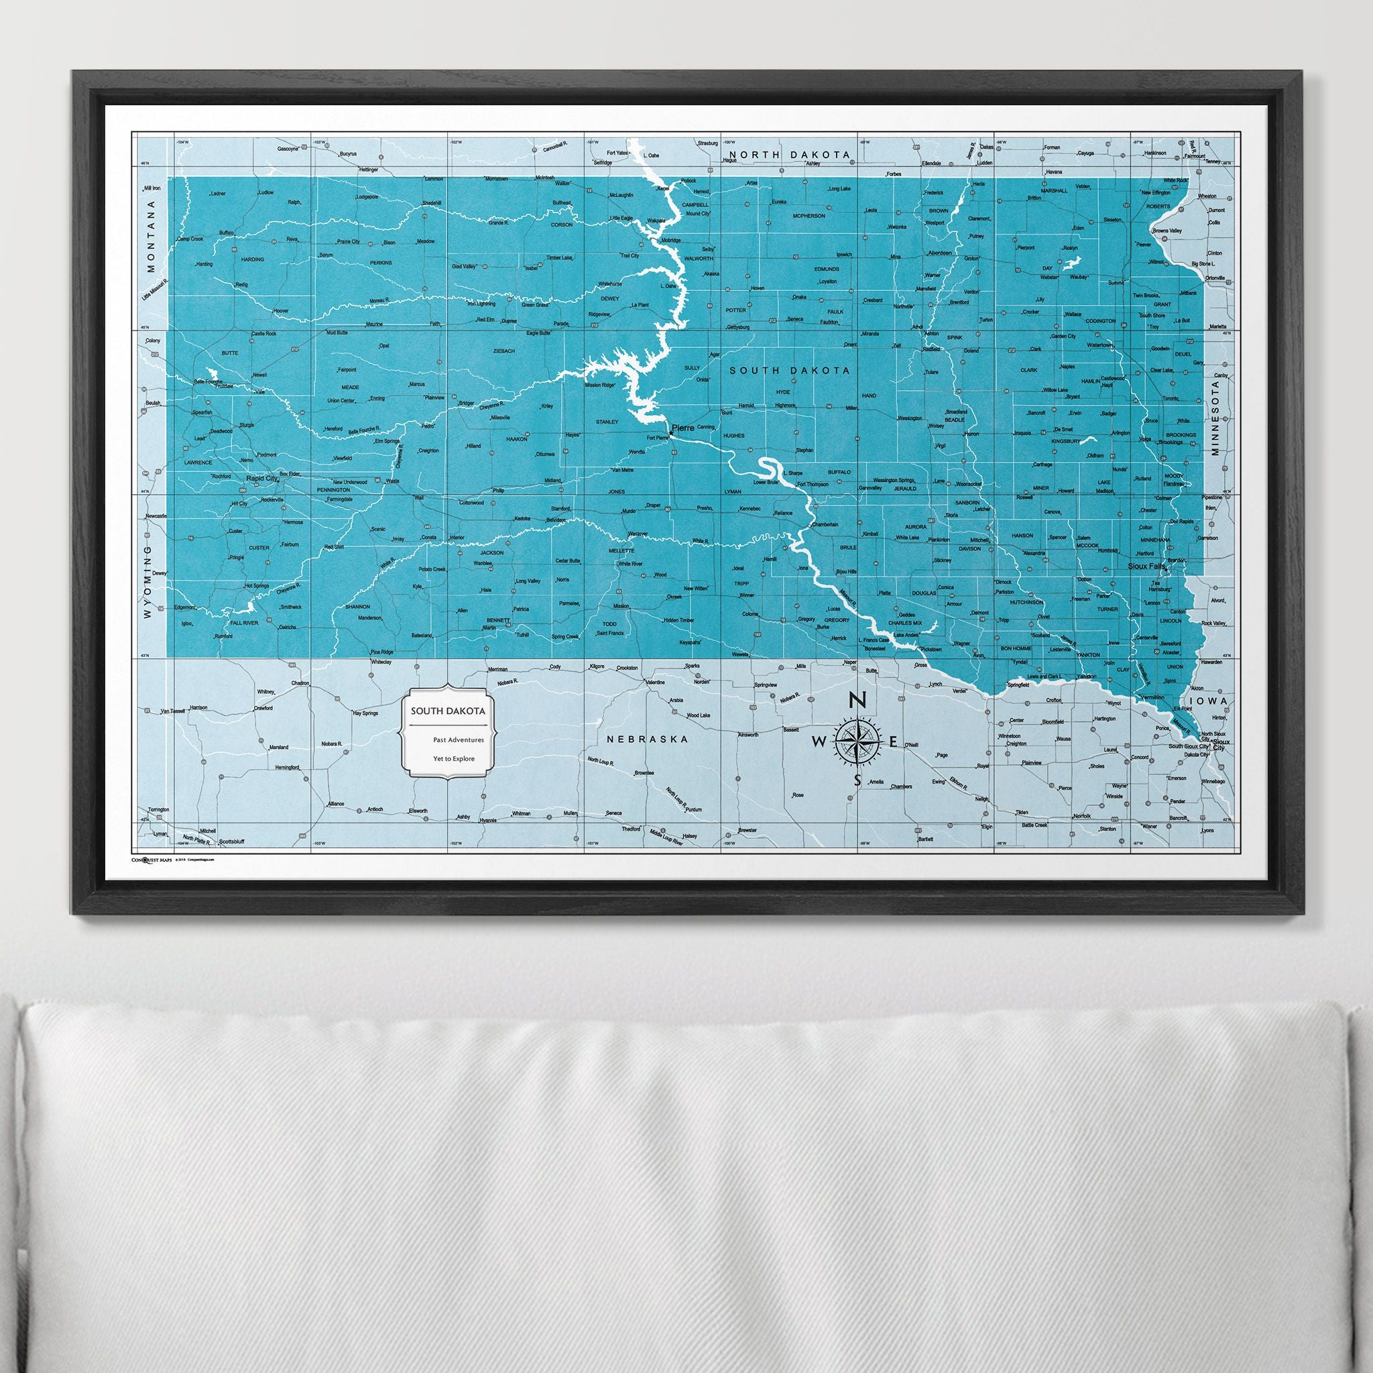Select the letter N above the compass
(857, 701)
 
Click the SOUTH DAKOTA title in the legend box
(447, 711)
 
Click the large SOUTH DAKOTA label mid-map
(790, 370)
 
